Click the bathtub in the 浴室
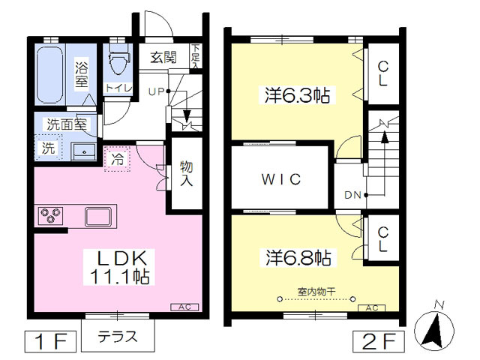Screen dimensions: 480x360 (50, 74)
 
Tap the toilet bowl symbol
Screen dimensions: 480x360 (119, 58)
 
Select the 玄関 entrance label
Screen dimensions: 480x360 (163, 57)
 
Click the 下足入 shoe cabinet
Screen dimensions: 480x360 (196, 57)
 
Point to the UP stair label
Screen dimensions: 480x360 (156, 91)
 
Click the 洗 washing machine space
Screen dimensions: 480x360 (48, 148)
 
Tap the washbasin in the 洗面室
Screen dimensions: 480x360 (83, 151)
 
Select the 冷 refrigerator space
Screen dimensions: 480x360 (118, 159)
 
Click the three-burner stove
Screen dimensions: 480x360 (51, 215)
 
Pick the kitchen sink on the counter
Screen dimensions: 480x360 (98, 217)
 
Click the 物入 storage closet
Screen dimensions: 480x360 (186, 174)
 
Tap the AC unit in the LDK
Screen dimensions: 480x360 (184, 307)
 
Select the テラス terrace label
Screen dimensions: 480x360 (118, 337)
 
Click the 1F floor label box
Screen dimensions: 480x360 (50, 341)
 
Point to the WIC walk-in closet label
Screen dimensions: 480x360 (281, 179)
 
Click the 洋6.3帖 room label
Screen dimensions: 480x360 (297, 95)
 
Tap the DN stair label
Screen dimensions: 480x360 (353, 195)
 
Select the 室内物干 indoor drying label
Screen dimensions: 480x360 (316, 291)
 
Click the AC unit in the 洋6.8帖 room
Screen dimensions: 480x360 (372, 308)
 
